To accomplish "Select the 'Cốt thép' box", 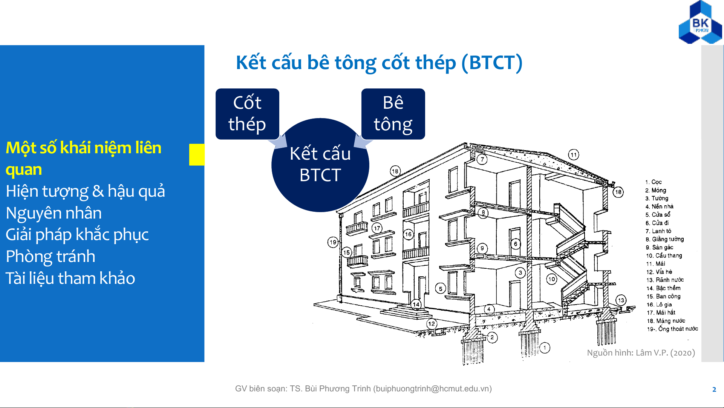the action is (x=247, y=114).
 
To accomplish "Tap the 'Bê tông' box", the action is (x=393, y=114).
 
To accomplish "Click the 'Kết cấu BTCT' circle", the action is (x=320, y=165).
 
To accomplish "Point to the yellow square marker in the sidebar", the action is (x=197, y=154).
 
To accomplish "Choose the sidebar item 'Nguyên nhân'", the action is (x=54, y=213).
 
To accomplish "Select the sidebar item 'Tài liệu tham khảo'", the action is (x=70, y=278).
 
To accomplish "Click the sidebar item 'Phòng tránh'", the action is (x=51, y=256).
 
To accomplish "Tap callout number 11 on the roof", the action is (x=574, y=155).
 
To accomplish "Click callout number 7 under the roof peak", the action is (x=482, y=159).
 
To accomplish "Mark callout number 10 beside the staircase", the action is (x=552, y=279).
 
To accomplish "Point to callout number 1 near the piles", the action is (x=545, y=348).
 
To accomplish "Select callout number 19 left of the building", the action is (x=333, y=242).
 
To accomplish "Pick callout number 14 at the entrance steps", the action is (x=416, y=304).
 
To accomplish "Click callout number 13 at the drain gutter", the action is (x=621, y=300).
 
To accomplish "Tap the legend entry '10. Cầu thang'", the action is (x=664, y=256).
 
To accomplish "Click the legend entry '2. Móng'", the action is (x=656, y=190).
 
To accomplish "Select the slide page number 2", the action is (x=714, y=390).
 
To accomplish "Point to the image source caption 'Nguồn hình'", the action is (x=641, y=353).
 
